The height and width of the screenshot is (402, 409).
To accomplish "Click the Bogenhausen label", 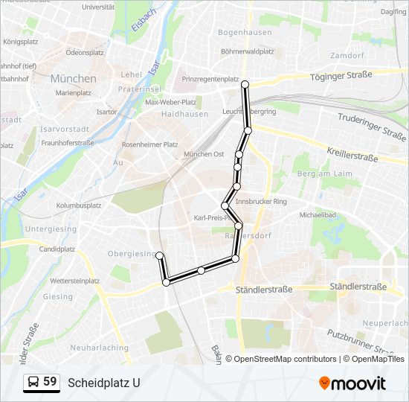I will click(242, 33).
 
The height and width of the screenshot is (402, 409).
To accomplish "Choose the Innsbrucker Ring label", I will click(261, 202).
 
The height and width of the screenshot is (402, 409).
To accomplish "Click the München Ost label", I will click(204, 154).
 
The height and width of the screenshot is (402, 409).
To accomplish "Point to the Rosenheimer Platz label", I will click(149, 144).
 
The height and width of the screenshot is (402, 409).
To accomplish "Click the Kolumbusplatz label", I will click(78, 205).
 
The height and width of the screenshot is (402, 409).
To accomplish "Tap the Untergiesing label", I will click(51, 229).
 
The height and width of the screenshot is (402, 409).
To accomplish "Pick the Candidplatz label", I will click(57, 249).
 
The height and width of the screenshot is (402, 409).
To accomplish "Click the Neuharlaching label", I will click(99, 348).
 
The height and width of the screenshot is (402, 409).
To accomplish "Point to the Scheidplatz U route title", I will click(103, 383).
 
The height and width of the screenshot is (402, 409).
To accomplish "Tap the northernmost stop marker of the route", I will click(245, 85).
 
